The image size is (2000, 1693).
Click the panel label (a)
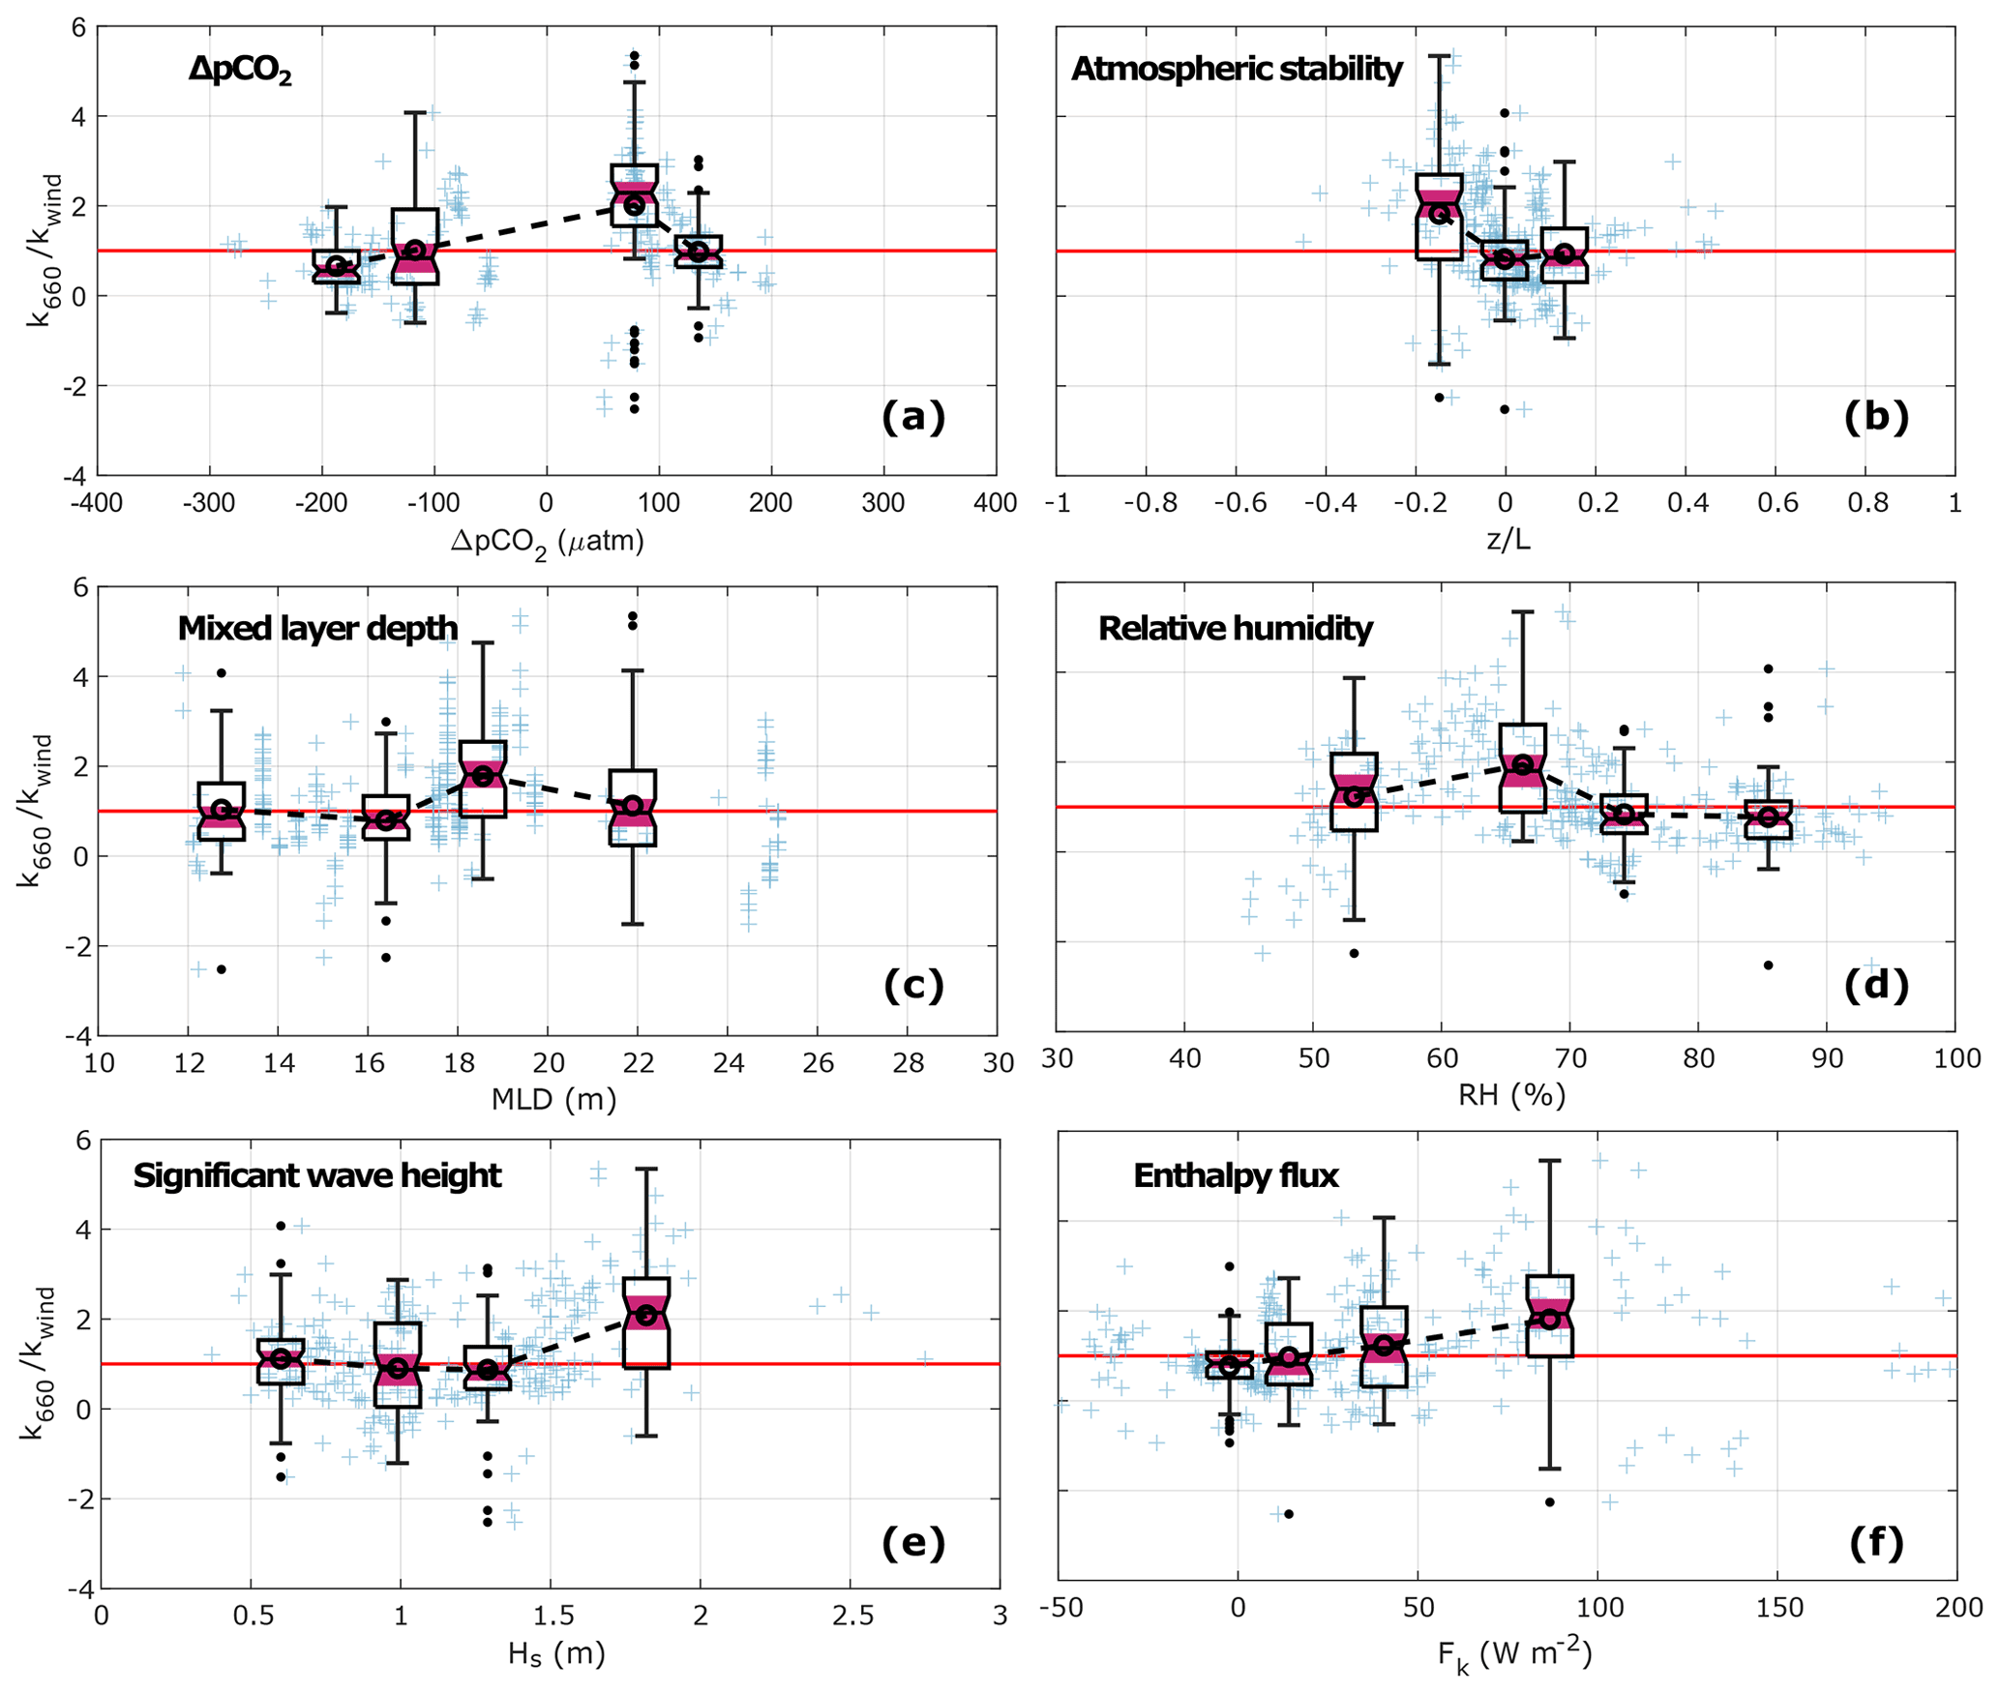912,417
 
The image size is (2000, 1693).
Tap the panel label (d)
1876,985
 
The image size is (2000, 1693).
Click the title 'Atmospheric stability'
1237,70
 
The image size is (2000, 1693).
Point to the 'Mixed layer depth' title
317,629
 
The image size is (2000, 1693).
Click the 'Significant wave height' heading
317,1175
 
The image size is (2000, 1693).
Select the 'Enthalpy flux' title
1236,1175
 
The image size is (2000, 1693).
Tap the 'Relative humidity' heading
1236,629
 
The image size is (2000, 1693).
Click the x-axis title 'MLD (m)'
553,1099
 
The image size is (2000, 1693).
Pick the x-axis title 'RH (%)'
1511,1094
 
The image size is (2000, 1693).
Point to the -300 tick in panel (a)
209,503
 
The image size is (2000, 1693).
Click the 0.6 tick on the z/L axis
1777,503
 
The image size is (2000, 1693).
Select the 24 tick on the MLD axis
729,1063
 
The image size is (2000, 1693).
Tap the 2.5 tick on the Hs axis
852,1616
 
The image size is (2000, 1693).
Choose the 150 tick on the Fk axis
1779,1608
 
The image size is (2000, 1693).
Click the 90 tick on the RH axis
1827,1058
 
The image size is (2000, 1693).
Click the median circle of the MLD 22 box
633,806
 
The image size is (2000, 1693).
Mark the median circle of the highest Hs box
645,1315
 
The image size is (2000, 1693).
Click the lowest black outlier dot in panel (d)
1768,965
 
